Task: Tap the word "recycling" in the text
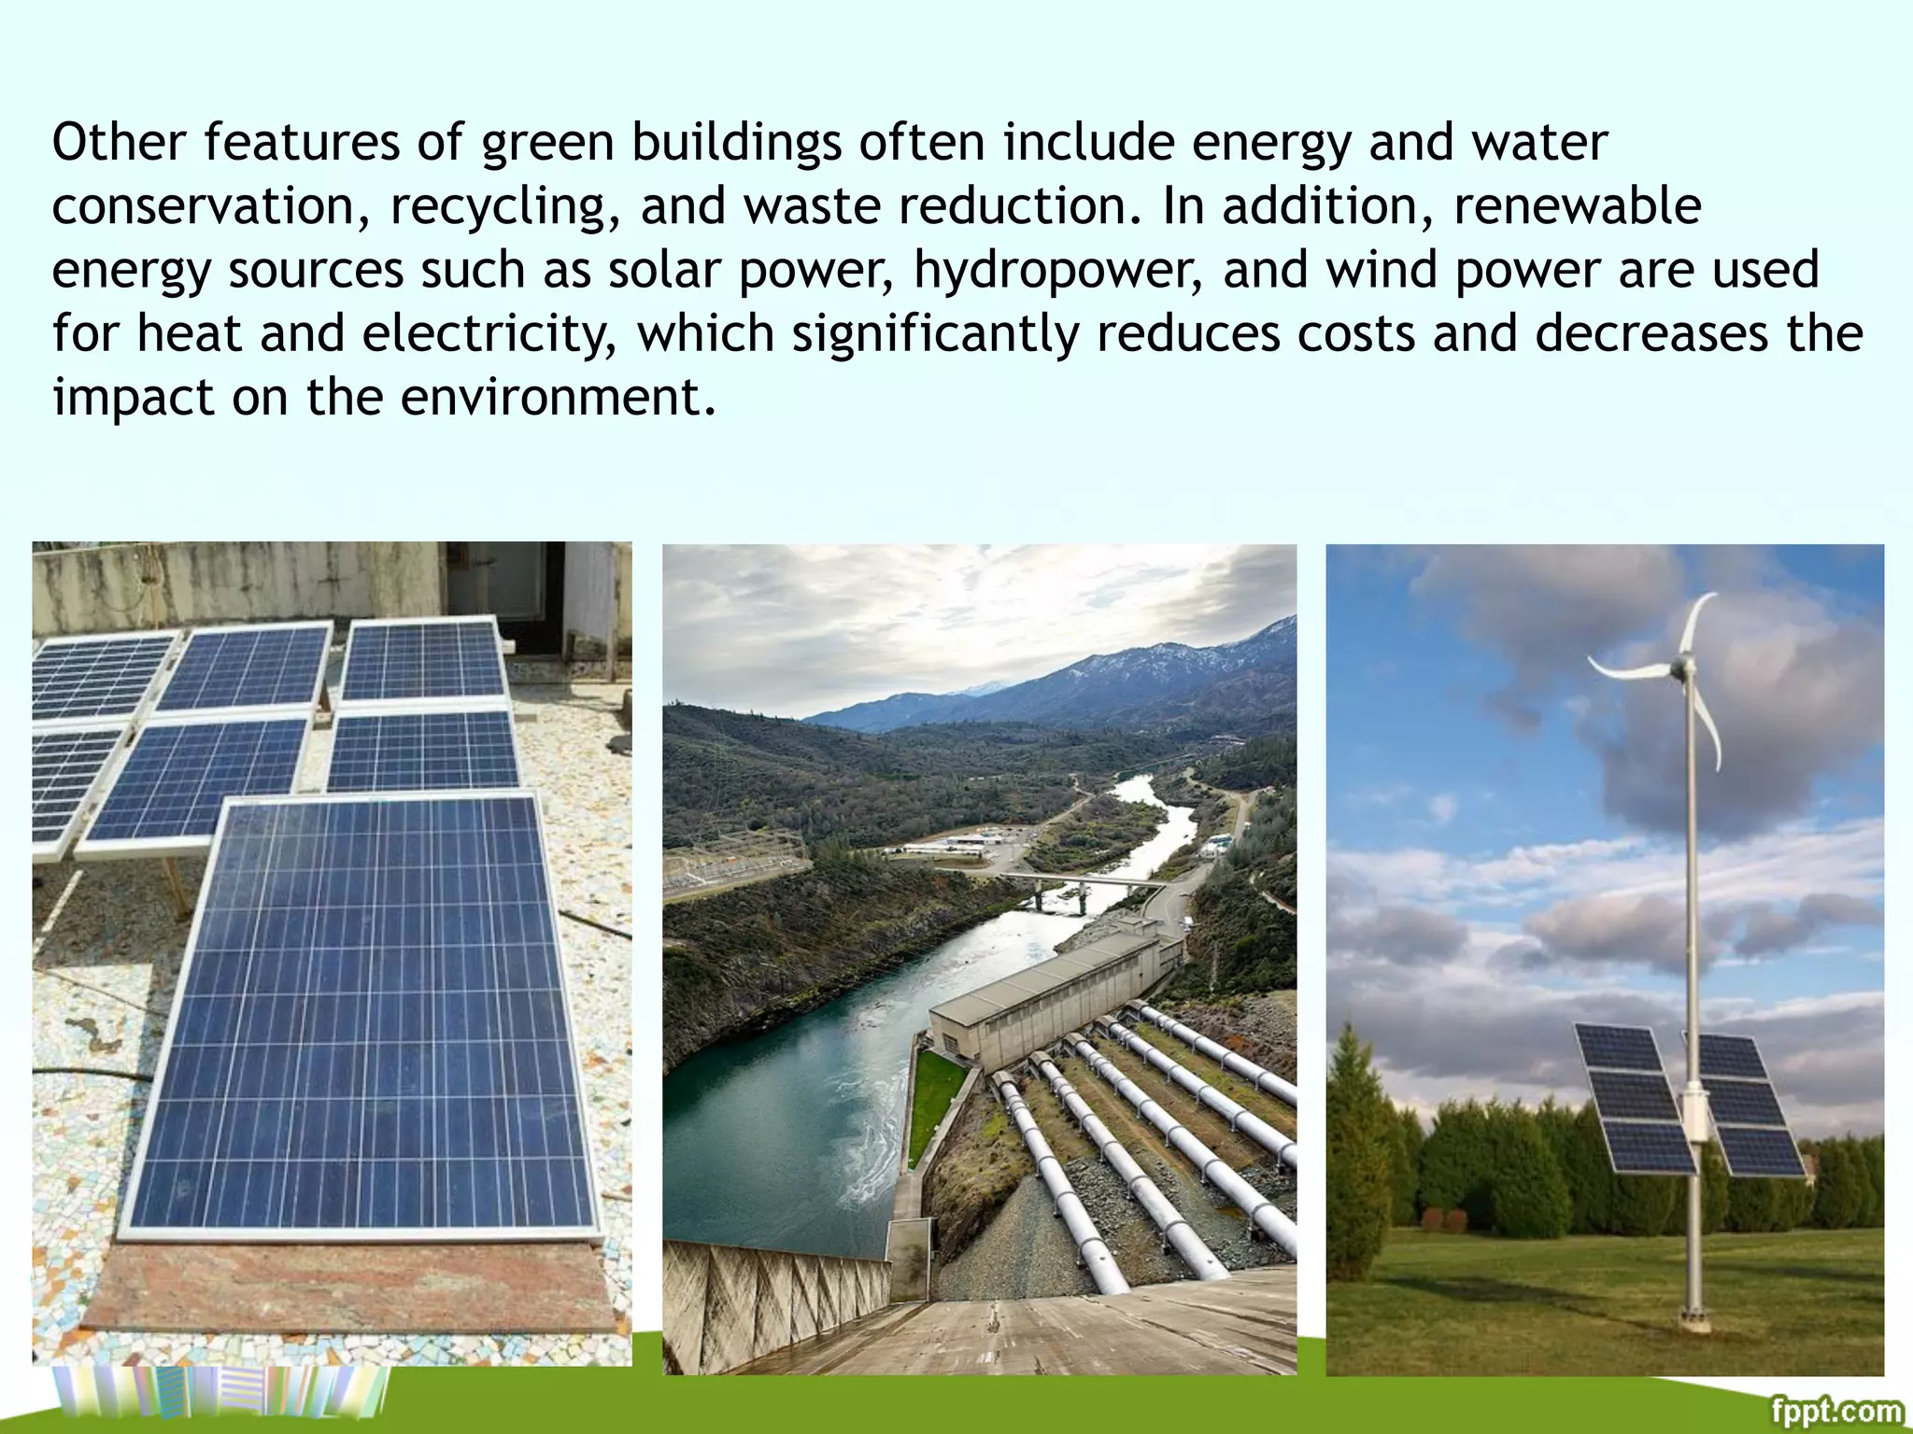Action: coord(497,206)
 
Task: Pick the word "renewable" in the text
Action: coord(1578,206)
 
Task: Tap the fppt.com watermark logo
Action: coord(1836,1409)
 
